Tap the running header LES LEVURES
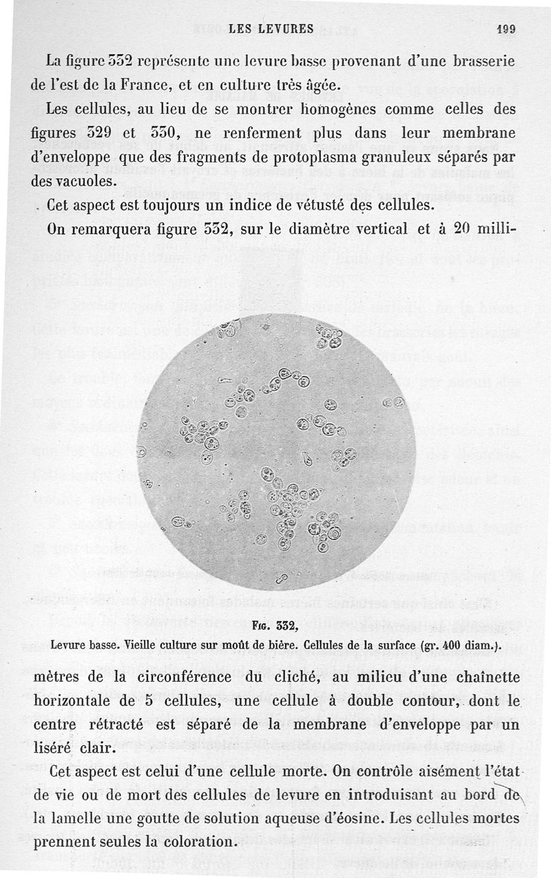click(x=271, y=29)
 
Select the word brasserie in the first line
click(x=485, y=61)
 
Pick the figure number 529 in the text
click(x=106, y=133)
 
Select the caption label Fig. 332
click(x=274, y=626)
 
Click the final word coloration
click(x=191, y=842)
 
